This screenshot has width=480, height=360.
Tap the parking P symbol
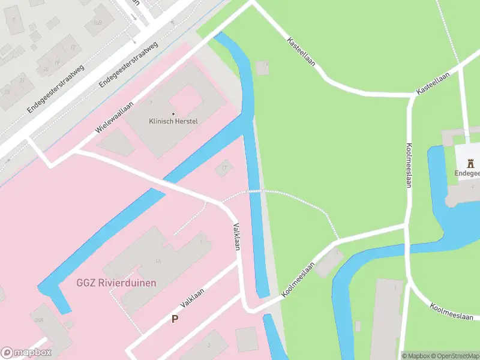pos(175,319)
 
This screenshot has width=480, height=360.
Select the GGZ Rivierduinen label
pos(116,283)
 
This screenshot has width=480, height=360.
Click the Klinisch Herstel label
pos(173,121)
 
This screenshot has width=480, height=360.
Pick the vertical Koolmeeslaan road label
pos(408,165)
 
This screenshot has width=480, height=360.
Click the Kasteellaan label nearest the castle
pos(434,87)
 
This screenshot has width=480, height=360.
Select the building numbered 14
pos(157,262)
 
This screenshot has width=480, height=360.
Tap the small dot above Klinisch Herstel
pos(173,113)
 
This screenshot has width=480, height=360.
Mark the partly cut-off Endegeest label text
pos(467,173)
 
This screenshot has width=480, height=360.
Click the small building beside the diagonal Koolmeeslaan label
pos(328,263)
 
